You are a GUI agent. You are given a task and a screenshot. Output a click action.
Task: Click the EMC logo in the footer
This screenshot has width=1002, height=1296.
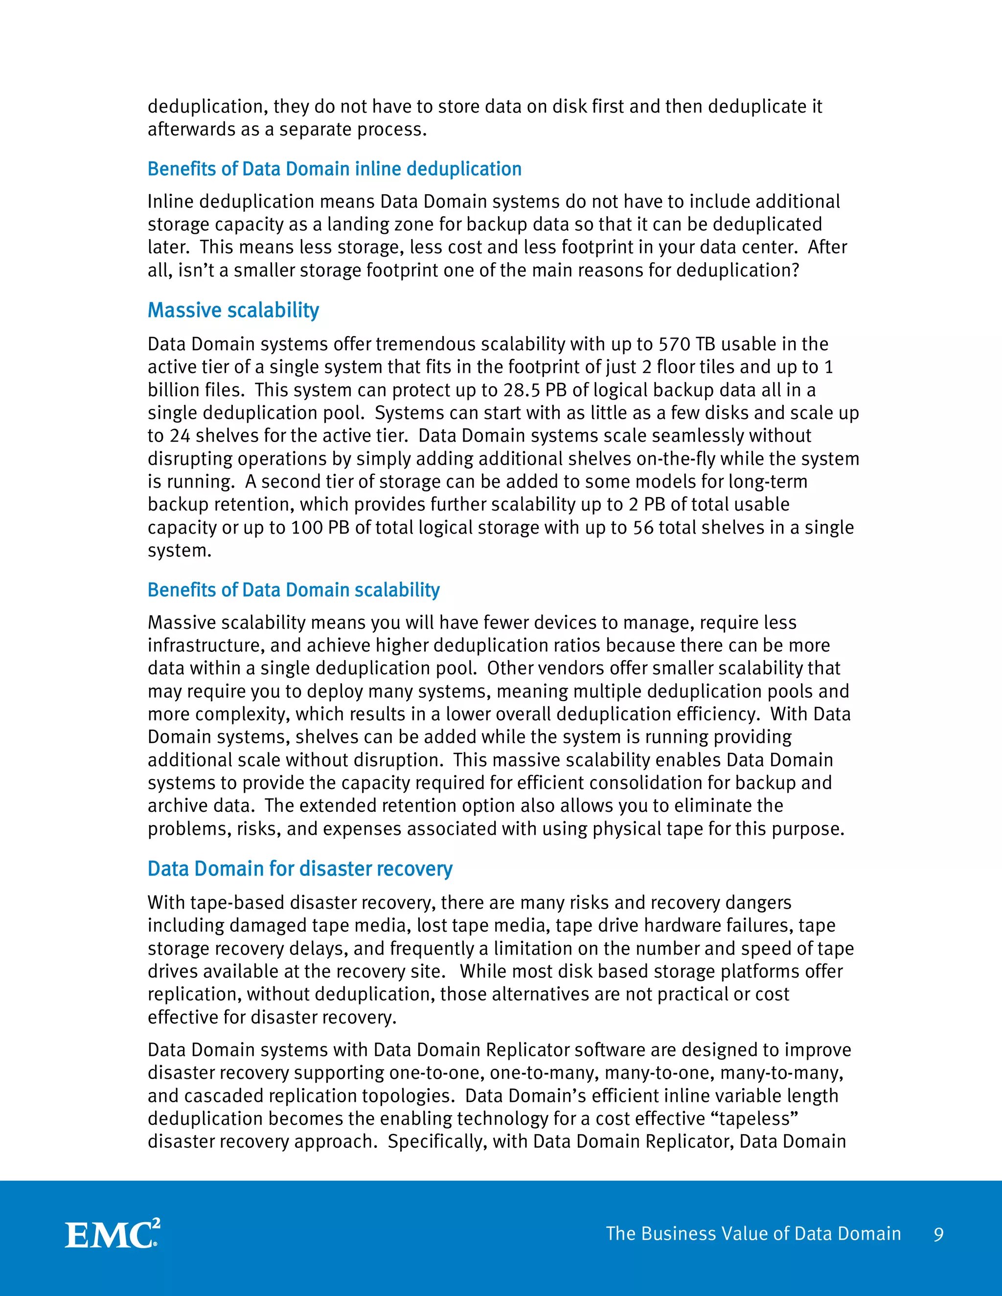[x=112, y=1234]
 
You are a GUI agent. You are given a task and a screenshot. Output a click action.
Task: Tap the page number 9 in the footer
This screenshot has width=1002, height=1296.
[x=938, y=1234]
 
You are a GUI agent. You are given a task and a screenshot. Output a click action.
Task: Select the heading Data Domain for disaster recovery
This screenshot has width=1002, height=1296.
[x=300, y=868]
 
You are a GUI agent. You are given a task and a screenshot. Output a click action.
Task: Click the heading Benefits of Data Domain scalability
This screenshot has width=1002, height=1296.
[x=293, y=589]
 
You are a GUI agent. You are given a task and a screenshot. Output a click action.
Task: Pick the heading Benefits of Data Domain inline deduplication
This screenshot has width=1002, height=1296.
[x=334, y=169]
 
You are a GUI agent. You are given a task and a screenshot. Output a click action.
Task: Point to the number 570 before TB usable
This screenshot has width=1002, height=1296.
[x=674, y=344]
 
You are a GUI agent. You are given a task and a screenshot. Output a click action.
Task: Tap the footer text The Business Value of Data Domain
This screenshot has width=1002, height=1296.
[x=752, y=1234]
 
